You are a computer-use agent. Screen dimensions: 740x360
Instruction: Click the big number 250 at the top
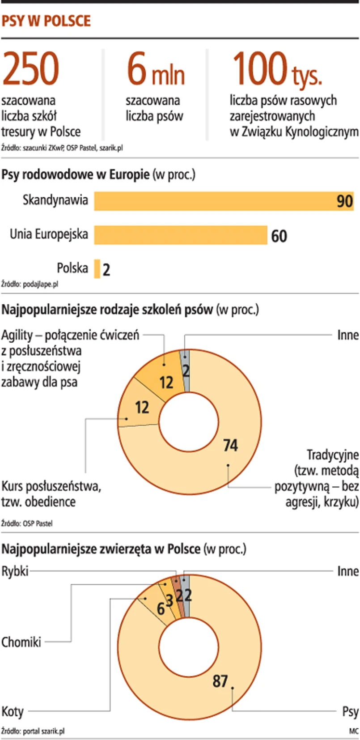(x=30, y=69)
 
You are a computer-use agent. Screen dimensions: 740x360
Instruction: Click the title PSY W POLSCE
(x=46, y=21)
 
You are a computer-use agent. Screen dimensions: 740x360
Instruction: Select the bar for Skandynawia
(x=224, y=201)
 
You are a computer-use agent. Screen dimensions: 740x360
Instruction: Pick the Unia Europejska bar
(x=180, y=235)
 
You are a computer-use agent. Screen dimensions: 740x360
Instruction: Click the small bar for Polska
(x=97, y=269)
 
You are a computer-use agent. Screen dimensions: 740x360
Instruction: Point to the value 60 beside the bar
(x=279, y=236)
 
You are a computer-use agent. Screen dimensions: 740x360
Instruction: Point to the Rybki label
(x=15, y=571)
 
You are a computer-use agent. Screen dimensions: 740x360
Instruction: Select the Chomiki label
(x=21, y=642)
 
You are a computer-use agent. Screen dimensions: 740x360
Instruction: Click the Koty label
(x=13, y=711)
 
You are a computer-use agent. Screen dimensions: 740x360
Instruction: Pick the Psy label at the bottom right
(x=350, y=711)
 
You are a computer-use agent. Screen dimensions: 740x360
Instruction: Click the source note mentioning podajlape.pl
(x=30, y=284)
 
